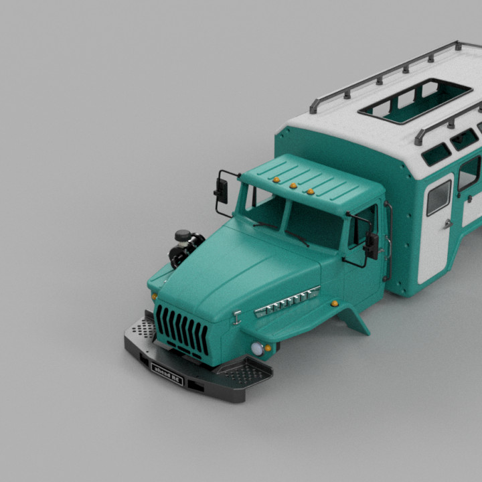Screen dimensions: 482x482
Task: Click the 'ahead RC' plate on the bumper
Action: (x=167, y=371)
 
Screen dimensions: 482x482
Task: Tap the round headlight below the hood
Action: (x=257, y=348)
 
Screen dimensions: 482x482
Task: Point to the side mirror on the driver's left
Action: (x=221, y=190)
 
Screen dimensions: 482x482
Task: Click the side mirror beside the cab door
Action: (x=372, y=245)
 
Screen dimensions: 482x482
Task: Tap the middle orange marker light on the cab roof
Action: (x=293, y=185)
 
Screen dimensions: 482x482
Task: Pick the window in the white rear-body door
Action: (x=438, y=197)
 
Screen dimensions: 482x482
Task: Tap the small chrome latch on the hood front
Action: (x=237, y=317)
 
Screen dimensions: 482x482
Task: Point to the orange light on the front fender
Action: (x=334, y=303)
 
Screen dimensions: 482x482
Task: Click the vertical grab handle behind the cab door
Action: (x=388, y=241)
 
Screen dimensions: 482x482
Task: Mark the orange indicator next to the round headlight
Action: (x=268, y=347)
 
